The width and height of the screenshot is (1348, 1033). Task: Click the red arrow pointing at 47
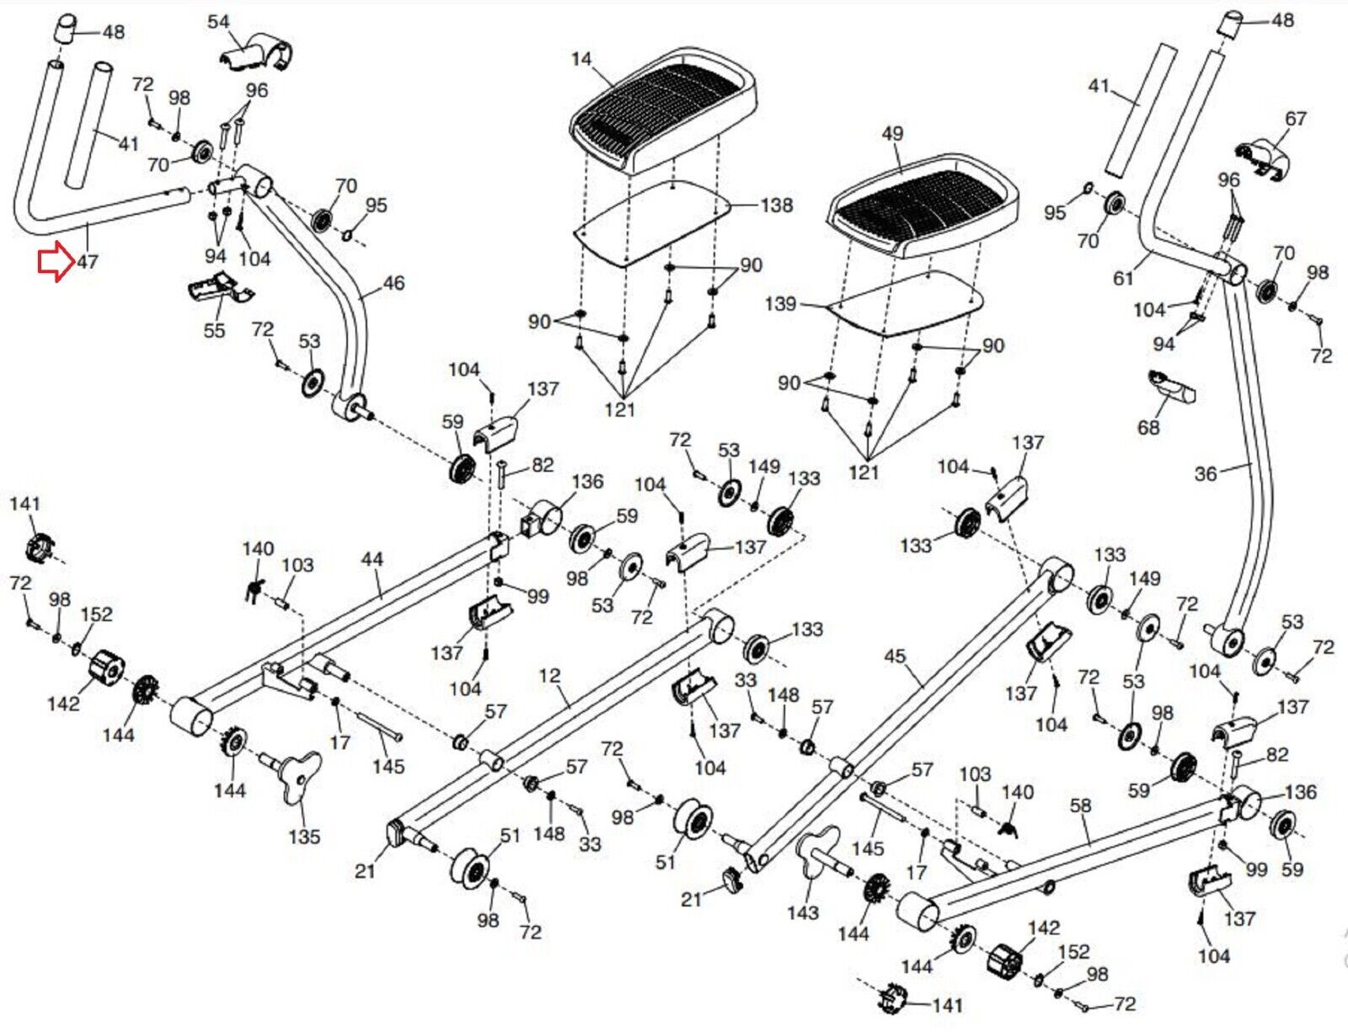click(54, 262)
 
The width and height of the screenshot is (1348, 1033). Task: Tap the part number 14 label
click(581, 59)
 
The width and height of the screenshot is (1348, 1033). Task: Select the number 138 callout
click(776, 205)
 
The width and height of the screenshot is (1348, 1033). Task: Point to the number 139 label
click(780, 303)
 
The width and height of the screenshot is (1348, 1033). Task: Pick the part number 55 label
click(214, 330)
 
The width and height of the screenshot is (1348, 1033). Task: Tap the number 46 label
click(393, 283)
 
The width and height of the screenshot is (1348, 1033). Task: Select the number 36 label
click(1206, 474)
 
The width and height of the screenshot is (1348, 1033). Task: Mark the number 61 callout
click(1123, 277)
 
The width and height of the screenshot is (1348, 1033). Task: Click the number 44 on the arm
click(372, 559)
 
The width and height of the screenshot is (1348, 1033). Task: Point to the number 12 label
click(549, 676)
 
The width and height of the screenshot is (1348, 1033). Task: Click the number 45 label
click(895, 656)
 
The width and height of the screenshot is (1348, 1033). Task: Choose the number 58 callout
click(1081, 806)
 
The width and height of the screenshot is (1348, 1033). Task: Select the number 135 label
click(304, 837)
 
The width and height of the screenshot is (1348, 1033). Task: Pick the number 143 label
click(802, 912)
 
